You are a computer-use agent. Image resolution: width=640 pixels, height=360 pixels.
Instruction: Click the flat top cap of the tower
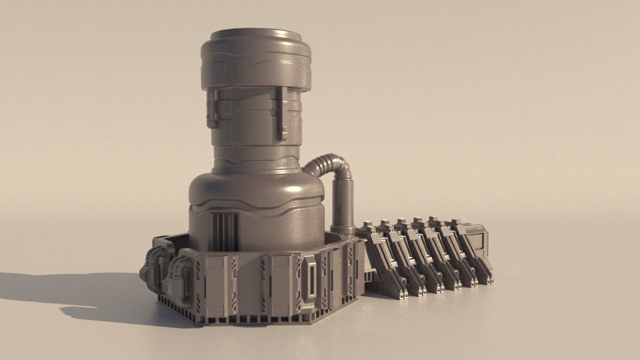tap(256, 34)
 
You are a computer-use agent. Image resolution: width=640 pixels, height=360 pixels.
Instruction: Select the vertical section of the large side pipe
tap(343, 205)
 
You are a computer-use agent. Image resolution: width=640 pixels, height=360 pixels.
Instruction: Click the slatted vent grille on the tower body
tap(224, 231)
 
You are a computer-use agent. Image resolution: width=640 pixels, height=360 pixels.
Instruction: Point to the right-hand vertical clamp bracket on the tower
tap(282, 114)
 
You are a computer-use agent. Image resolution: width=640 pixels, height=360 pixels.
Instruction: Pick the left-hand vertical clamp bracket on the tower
tap(212, 108)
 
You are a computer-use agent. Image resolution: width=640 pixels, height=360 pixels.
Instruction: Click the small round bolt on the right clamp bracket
tap(284, 129)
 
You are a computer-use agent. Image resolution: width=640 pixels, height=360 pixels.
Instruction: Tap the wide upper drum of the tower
tap(256, 62)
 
